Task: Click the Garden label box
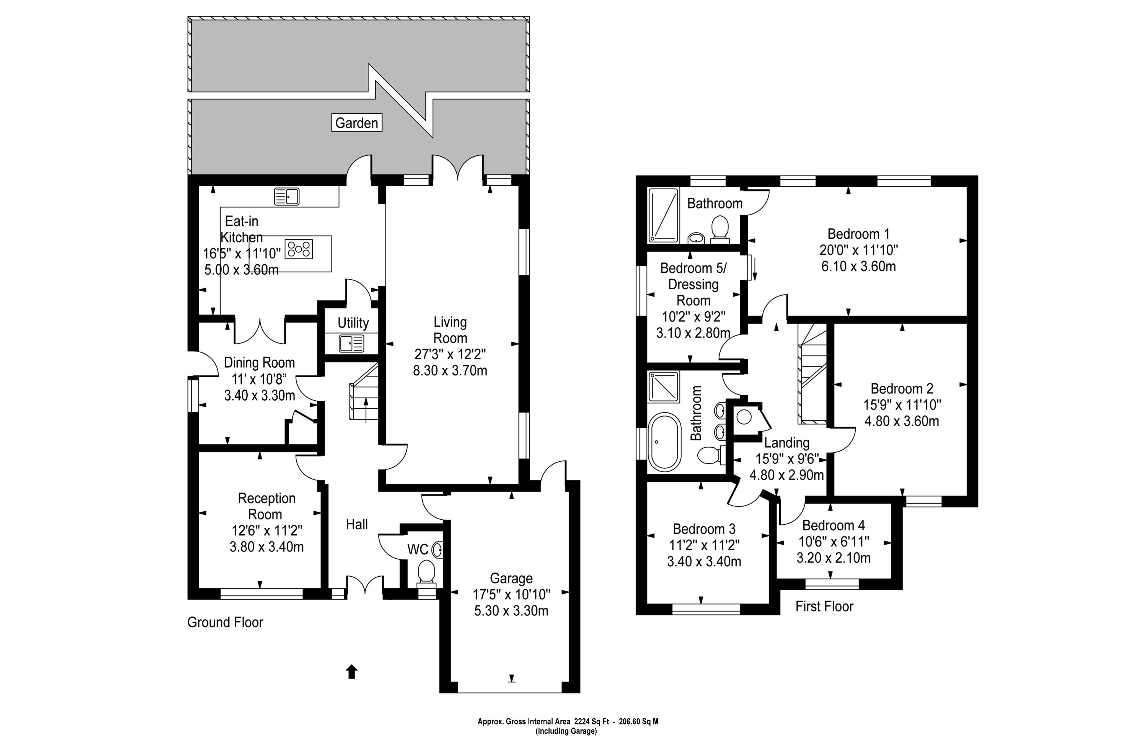tap(356, 123)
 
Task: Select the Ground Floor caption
tap(225, 622)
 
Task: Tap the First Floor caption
tap(824, 606)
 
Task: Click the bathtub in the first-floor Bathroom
tap(664, 442)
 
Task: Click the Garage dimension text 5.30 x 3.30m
tap(511, 611)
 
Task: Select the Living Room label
tap(450, 330)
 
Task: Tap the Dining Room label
tap(259, 362)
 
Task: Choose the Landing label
tap(787, 443)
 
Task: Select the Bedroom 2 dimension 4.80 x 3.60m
tap(902, 421)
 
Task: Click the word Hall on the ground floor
tap(357, 524)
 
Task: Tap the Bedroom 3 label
tap(704, 529)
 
